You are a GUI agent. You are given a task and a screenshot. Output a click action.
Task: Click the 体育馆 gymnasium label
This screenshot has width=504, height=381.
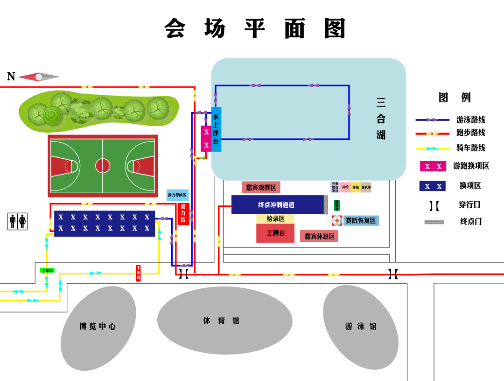(221, 320)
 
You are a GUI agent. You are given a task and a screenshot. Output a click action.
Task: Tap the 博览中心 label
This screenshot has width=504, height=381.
(98, 326)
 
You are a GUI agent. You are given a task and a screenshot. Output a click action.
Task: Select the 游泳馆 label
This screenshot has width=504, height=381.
(361, 326)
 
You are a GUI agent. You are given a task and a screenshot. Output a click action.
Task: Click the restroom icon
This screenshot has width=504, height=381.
(18, 221)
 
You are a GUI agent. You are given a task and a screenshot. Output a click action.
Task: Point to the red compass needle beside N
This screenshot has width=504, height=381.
(28, 77)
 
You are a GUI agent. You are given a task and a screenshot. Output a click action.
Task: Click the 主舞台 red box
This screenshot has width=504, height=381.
(275, 233)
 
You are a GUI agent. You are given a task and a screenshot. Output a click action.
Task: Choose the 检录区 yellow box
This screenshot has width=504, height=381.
(275, 219)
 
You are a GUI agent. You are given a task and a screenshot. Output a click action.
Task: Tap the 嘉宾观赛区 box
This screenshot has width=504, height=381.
(261, 187)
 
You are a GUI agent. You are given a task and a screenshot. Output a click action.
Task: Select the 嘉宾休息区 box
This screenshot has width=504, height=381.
(319, 236)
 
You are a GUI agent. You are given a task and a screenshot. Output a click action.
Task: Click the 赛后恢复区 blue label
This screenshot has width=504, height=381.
(360, 220)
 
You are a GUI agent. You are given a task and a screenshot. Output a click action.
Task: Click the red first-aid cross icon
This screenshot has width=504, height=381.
(337, 220)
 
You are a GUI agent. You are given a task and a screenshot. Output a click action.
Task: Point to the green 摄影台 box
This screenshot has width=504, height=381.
(337, 205)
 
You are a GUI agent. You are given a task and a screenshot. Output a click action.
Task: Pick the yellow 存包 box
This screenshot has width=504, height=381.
(356, 187)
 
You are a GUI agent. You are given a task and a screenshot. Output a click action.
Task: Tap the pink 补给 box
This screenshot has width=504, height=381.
(345, 187)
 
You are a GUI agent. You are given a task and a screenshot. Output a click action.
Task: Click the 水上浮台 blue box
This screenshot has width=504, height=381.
(216, 129)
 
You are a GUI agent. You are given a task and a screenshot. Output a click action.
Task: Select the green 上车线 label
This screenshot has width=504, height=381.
(47, 270)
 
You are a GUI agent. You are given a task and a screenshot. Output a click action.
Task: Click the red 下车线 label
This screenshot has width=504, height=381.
(138, 273)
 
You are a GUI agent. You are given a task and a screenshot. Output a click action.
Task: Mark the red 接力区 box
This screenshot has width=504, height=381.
(183, 213)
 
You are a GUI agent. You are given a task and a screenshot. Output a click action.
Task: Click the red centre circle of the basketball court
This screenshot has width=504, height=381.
(103, 165)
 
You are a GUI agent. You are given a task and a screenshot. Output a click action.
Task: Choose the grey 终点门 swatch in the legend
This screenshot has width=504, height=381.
(434, 222)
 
